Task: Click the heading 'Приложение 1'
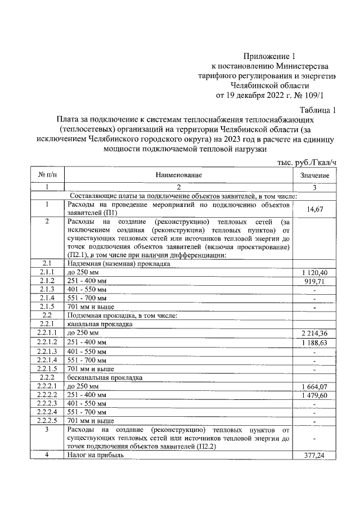pos(269,56)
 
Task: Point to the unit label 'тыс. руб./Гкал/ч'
pos(307,162)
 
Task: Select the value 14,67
pos(314,209)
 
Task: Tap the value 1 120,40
pos(314,272)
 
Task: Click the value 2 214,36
pos(314,334)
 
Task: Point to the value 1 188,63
pos(314,343)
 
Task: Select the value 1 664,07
pos(314,386)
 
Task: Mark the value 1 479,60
pos(314,395)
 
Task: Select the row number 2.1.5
pos(48,307)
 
